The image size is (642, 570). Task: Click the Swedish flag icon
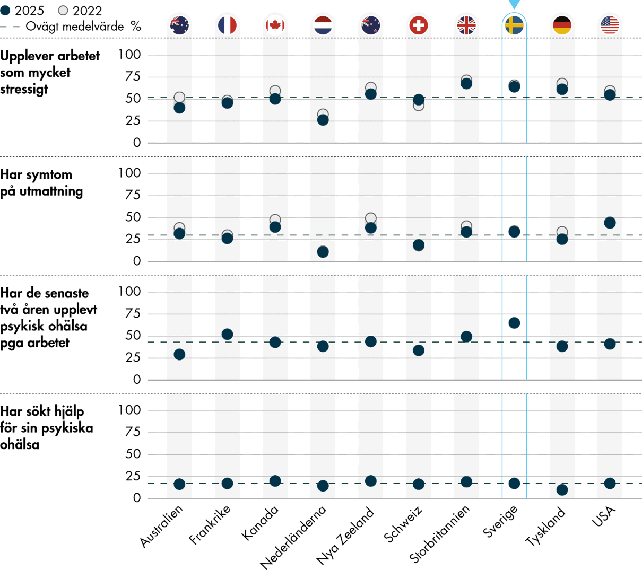[x=514, y=25]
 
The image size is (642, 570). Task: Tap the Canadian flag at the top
[x=275, y=25]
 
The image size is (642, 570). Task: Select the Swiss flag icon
[x=419, y=25]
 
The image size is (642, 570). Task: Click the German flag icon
[x=562, y=25]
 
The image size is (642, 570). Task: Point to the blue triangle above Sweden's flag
[x=514, y=4]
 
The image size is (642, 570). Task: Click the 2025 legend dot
[x=6, y=11]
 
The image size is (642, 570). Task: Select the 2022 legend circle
[x=63, y=11]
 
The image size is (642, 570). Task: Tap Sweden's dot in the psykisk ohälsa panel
[x=514, y=323]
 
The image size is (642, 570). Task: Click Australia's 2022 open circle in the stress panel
[x=179, y=97]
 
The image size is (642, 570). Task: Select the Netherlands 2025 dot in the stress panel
[x=323, y=120]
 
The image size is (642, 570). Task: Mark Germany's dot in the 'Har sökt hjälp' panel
[x=562, y=490]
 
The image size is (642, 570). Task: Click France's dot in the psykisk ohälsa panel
[x=227, y=334]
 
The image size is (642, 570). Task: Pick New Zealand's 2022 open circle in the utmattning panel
[x=371, y=218]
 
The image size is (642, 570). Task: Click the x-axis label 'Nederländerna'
[x=293, y=537]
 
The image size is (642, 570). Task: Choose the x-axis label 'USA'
[x=604, y=516]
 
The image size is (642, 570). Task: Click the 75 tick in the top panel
[x=129, y=77]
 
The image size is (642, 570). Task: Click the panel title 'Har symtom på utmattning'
[x=41, y=183]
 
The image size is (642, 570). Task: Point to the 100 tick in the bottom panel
[x=129, y=410]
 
